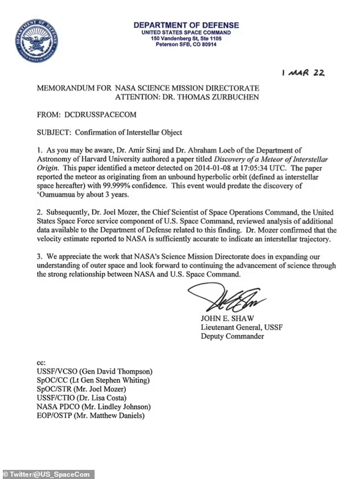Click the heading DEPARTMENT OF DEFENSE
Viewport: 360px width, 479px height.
[186, 26]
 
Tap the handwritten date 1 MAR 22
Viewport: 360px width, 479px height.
[303, 74]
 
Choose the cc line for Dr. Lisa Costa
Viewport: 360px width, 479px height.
[81, 398]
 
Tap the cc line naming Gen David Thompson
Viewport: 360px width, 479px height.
[94, 370]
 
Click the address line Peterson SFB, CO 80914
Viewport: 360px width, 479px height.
[186, 44]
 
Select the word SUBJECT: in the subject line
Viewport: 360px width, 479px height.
[55, 133]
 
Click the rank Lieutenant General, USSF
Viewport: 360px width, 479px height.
[242, 327]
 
